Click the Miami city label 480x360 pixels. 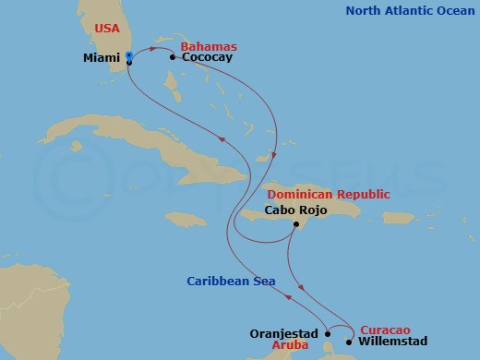coord(102,57)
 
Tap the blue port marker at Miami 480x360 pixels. coord(128,57)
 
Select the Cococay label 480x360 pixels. coord(207,57)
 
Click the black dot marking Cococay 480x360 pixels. coord(173,57)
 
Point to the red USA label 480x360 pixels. coord(108,29)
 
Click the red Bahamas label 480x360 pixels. coord(208,45)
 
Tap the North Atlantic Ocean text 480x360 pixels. coord(411,11)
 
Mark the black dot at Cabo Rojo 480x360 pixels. coord(295,225)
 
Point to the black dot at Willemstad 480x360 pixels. coord(348,342)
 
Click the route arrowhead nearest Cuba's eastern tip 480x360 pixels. coord(222,137)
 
